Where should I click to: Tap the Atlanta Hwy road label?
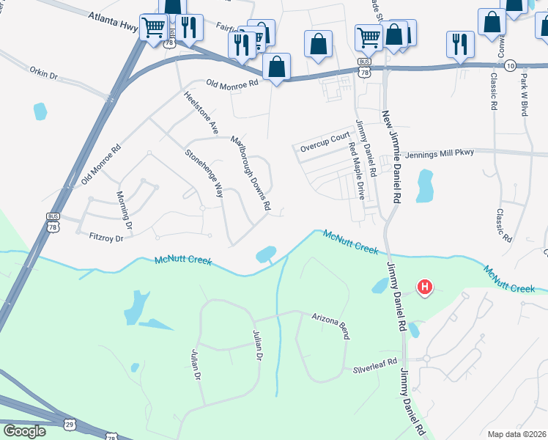click(114, 21)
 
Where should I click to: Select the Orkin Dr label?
click(48, 74)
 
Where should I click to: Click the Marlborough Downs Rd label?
click(251, 172)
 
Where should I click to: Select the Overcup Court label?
click(325, 142)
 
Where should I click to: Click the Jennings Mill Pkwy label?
click(438, 153)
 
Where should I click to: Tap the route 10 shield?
click(511, 65)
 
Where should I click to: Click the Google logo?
click(24, 431)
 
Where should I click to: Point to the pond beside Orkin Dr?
click(40, 111)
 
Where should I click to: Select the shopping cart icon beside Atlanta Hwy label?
click(153, 29)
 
